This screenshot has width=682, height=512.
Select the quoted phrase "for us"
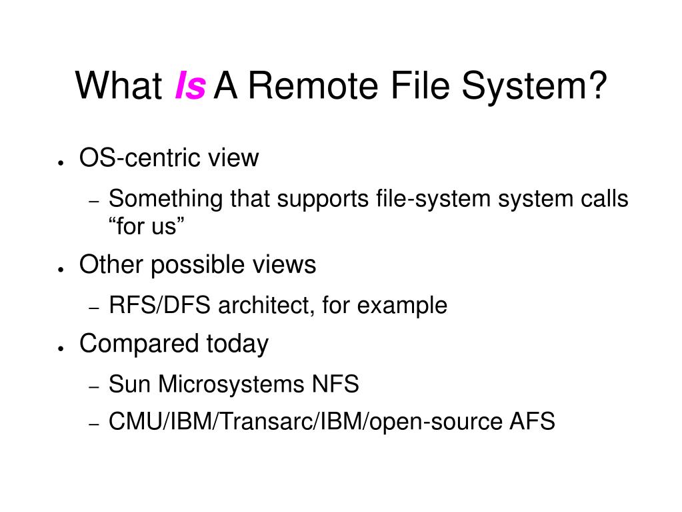146,226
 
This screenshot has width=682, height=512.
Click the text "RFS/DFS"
159,305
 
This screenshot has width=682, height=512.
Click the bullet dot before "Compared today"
60,348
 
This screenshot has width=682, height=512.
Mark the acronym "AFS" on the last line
531,421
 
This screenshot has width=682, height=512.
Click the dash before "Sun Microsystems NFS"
95,387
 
